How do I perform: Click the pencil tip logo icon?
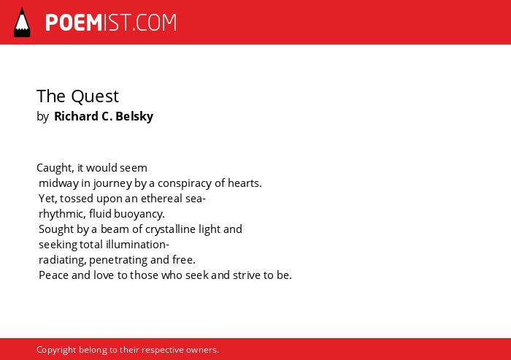point(22,23)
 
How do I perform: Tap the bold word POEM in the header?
point(74,23)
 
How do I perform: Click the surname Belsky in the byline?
point(134,116)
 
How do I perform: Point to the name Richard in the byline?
point(76,116)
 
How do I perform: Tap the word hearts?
point(245,183)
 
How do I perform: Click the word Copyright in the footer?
point(55,350)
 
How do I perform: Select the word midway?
point(58,183)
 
